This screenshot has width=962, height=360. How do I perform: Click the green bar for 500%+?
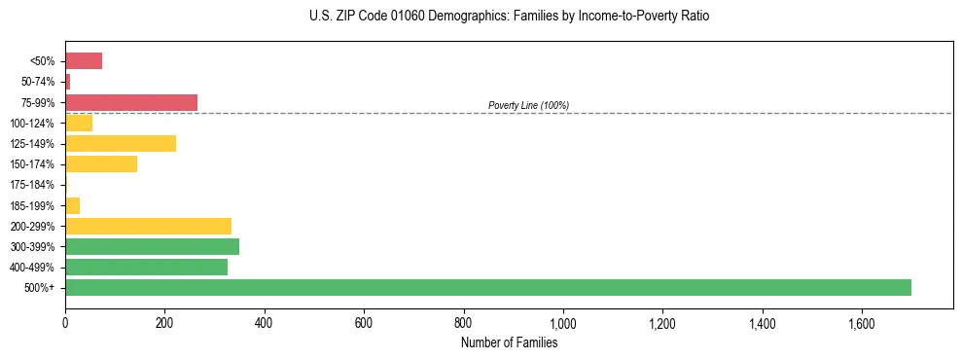click(487, 287)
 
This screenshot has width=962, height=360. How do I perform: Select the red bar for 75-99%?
click(130, 102)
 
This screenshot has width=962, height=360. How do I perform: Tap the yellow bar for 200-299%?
click(148, 226)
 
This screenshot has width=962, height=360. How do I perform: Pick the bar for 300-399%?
click(152, 246)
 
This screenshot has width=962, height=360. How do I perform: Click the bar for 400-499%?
click(146, 267)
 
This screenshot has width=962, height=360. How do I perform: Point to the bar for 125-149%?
click(121, 143)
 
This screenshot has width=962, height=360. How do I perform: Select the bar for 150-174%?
click(101, 163)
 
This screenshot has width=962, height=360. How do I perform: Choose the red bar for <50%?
click(84, 61)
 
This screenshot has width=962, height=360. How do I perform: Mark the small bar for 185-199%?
click(72, 205)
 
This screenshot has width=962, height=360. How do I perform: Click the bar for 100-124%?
click(79, 123)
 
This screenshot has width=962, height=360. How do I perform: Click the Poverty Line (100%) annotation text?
click(528, 105)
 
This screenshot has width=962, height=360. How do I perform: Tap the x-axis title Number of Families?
click(509, 342)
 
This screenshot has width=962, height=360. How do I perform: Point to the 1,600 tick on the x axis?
click(861, 321)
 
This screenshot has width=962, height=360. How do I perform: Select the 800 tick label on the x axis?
click(463, 321)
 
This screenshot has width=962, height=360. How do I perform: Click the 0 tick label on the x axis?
click(65, 321)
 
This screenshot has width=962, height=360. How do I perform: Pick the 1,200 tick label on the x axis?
click(661, 321)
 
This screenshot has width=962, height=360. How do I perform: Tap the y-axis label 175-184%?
click(32, 185)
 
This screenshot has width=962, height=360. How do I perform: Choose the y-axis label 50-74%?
click(35, 82)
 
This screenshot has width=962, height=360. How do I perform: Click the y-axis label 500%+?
click(40, 288)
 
